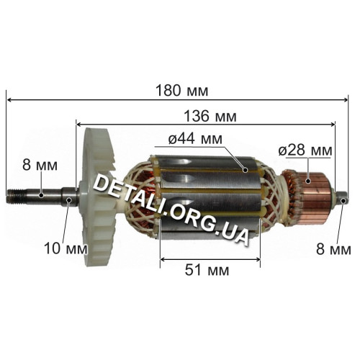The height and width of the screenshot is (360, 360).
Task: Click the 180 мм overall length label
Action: (182, 91)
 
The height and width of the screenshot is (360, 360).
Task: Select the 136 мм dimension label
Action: (210, 116)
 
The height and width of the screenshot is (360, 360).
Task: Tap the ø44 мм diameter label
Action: (195, 138)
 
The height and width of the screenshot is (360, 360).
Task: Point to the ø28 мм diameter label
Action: (305, 150)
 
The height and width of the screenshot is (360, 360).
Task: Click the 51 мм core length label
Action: (207, 270)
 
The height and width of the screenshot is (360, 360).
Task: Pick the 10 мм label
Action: (66, 248)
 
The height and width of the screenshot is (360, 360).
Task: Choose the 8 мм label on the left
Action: (40, 165)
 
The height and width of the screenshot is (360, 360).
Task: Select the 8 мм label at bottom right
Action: (333, 249)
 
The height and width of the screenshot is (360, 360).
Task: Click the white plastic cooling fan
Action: (99, 197)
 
